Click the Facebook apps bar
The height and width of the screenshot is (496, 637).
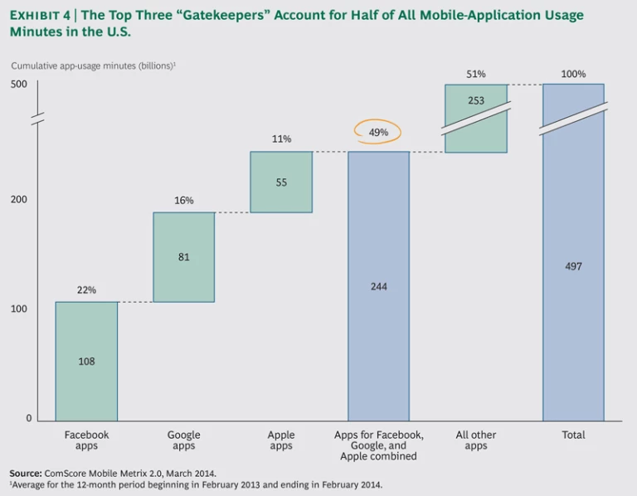coord(86,361)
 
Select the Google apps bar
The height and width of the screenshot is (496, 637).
coord(183,257)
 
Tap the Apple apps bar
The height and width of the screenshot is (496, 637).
coord(281,182)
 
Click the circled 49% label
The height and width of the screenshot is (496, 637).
coord(377,132)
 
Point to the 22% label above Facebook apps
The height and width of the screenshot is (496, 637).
coord(86,290)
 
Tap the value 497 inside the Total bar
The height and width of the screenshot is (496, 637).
coord(573,266)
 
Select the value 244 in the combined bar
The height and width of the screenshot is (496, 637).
coord(378,286)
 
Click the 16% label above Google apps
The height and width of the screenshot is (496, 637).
coord(183,201)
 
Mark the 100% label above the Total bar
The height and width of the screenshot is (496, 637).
coord(573,74)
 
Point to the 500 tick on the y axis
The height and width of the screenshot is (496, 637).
coord(20,84)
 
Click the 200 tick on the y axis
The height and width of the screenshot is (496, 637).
coord(20,199)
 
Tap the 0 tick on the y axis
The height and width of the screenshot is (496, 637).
coord(28,418)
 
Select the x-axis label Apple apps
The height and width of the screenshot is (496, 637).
coord(281,440)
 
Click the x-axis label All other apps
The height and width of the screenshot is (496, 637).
coord(475,440)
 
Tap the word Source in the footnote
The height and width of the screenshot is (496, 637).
coord(26,473)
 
